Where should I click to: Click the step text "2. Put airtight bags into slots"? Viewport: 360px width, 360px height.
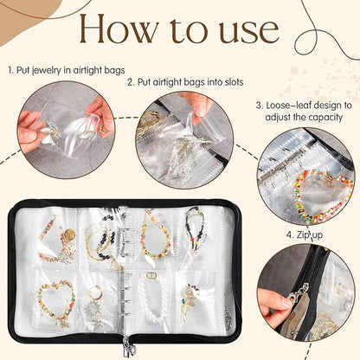[183, 82]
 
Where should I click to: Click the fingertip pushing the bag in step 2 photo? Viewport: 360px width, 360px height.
[200, 107]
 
